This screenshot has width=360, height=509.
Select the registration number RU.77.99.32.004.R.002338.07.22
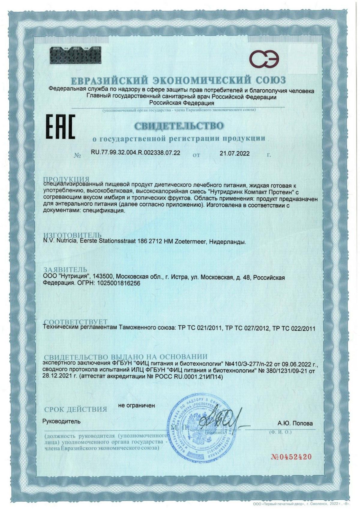(x=135, y=153)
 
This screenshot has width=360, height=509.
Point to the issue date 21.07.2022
(x=235, y=153)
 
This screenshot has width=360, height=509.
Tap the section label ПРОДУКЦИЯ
(x=66, y=179)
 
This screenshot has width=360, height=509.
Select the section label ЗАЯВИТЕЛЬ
(x=65, y=269)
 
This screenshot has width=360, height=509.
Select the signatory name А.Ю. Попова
(x=295, y=423)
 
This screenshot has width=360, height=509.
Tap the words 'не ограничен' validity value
(x=136, y=405)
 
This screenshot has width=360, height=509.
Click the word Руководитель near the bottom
(x=61, y=421)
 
